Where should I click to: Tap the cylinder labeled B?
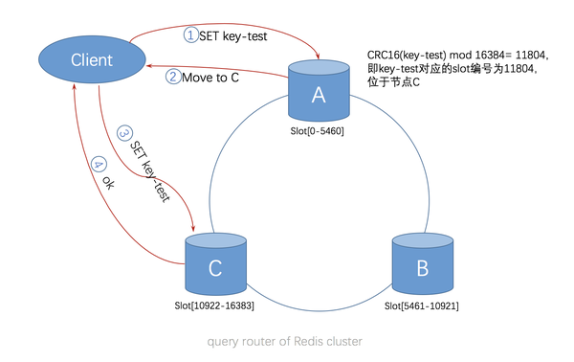click(x=422, y=267)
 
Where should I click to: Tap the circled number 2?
click(x=172, y=77)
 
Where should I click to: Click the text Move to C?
click(x=210, y=77)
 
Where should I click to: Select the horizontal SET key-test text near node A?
click(x=232, y=34)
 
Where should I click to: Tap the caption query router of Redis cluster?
click(x=284, y=341)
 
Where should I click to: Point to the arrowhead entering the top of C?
click(x=195, y=229)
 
